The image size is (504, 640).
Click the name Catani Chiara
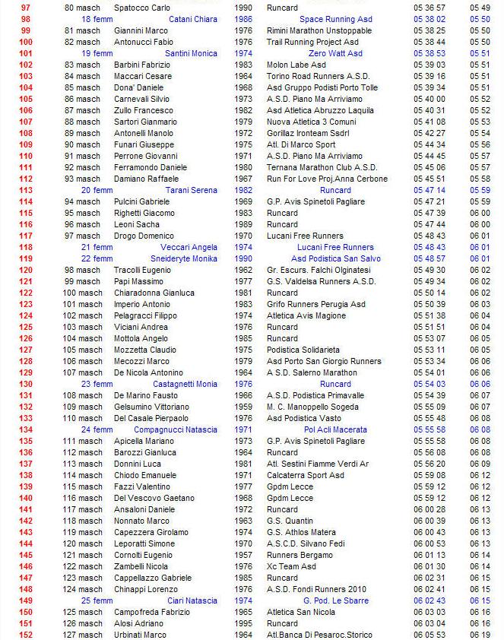(x=192, y=19)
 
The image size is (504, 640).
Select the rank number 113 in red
(x=25, y=190)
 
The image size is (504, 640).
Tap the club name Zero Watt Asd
(x=338, y=53)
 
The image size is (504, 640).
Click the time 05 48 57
(x=429, y=258)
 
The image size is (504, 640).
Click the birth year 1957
(x=243, y=555)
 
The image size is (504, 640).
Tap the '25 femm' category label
(x=97, y=600)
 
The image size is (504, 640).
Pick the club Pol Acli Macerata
(x=335, y=429)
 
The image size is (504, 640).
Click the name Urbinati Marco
(x=140, y=635)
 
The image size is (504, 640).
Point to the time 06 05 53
(x=429, y=635)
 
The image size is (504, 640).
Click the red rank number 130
(x=25, y=384)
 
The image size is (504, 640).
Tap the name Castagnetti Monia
(x=186, y=384)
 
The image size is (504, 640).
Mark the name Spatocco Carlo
(x=142, y=8)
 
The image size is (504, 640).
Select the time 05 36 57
(x=429, y=8)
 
